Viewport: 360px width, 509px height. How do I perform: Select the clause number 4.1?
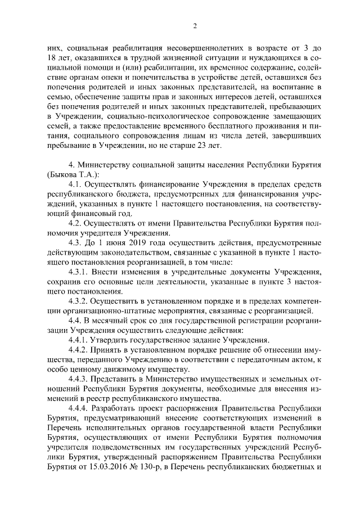[75, 184]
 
